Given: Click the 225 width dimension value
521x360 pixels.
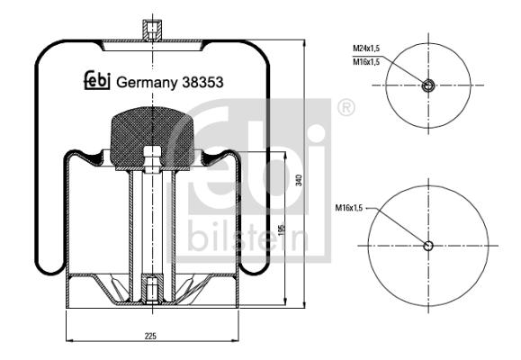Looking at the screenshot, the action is [150, 336].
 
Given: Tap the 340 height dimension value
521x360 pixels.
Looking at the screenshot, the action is [300, 180].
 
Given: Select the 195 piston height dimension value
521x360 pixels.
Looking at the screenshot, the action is [282, 230].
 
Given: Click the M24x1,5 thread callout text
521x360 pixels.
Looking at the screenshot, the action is [366, 49].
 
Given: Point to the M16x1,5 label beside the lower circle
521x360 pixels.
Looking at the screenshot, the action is [348, 208].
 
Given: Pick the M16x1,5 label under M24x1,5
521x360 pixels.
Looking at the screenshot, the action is [366, 62].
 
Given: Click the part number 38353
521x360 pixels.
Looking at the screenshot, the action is [202, 83].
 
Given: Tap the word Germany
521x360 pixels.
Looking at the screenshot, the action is [147, 83].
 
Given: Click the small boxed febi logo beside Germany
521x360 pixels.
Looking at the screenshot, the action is [96, 80].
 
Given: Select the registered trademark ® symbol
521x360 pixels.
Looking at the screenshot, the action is [346, 108].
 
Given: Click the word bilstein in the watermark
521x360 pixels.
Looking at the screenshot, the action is [248, 236].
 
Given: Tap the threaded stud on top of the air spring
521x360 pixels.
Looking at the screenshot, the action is [152, 30].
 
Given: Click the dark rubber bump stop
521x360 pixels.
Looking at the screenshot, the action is [152, 136].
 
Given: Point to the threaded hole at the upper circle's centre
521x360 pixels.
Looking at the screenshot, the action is [428, 85].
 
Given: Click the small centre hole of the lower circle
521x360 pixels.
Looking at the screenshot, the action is [428, 246].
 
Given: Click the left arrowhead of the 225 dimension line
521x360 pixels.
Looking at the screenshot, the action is [70, 341].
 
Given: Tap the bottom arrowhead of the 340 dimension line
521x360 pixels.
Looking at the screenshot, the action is [304, 304].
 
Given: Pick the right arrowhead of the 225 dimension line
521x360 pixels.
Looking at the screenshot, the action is [235, 341].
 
